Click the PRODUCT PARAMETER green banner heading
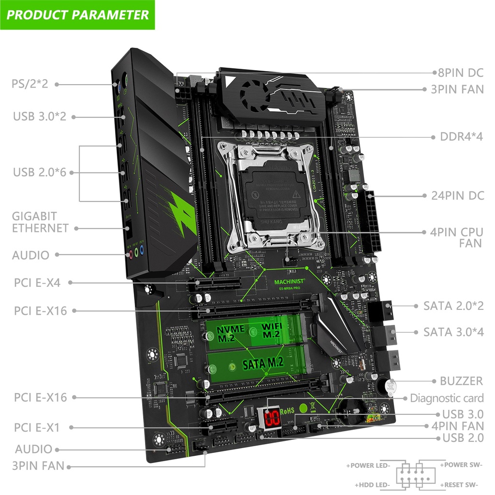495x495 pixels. pyautogui.click(x=77, y=15)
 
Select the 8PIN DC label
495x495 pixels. pyautogui.click(x=460, y=73)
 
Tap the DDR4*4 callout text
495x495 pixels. pyautogui.click(x=461, y=136)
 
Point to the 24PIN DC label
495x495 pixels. pyautogui.click(x=457, y=196)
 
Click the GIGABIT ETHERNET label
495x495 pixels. pyautogui.click(x=40, y=222)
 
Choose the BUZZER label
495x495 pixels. pyautogui.click(x=461, y=381)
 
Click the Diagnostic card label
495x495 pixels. pyautogui.click(x=447, y=398)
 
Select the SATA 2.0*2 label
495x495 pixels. pyautogui.click(x=453, y=306)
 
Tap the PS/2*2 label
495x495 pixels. pyautogui.click(x=30, y=84)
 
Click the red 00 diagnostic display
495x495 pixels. pyautogui.click(x=271, y=417)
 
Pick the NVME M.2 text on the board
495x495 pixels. pyautogui.click(x=230, y=333)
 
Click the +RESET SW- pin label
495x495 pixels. pyautogui.click(x=459, y=484)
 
